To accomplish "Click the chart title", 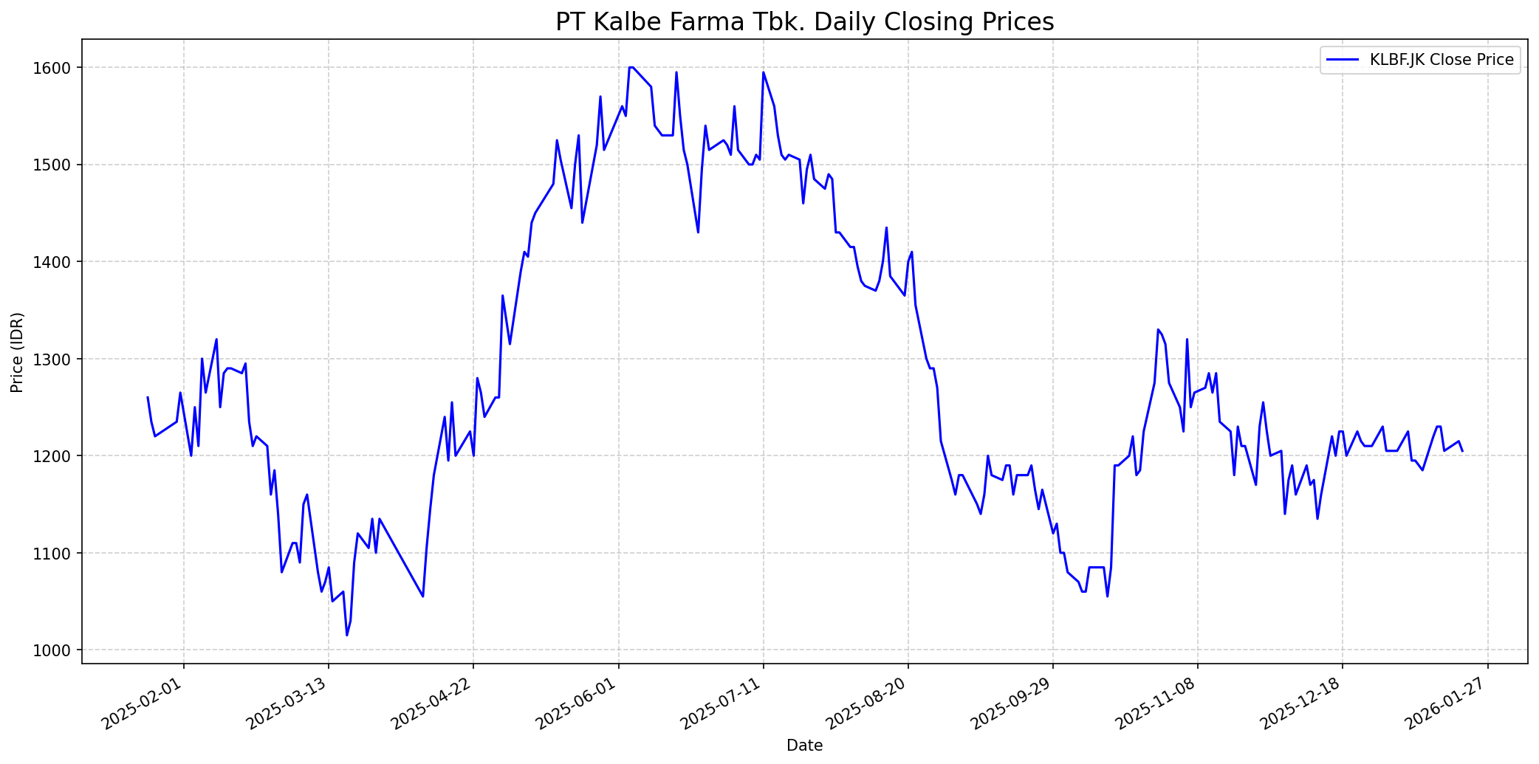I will [x=804, y=22].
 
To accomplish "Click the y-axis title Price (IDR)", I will [x=18, y=352].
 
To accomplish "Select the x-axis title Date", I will [x=804, y=746].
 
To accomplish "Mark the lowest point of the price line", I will [x=346, y=636].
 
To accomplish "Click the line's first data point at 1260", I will [x=148, y=397].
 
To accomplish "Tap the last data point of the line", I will [x=1462, y=451].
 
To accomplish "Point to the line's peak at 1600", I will [x=630, y=67].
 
